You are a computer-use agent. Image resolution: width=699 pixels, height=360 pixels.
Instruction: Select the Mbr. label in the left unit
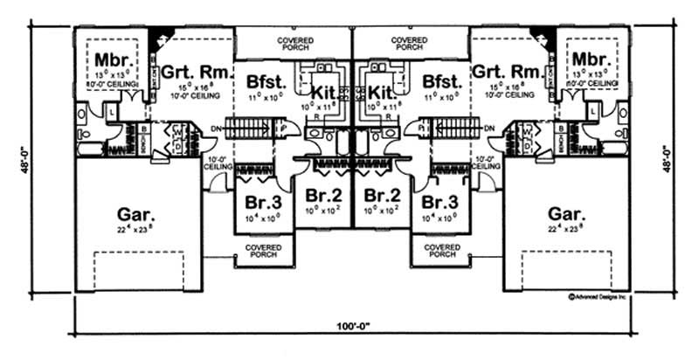tap(114, 59)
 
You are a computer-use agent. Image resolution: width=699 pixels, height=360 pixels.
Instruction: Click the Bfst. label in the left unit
tap(264, 82)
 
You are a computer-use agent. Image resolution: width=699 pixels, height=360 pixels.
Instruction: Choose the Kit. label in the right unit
tap(382, 90)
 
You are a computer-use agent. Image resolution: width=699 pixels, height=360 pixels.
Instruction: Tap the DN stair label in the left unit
tap(217, 128)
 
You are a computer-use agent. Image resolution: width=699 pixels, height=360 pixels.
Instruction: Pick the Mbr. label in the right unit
tap(589, 59)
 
